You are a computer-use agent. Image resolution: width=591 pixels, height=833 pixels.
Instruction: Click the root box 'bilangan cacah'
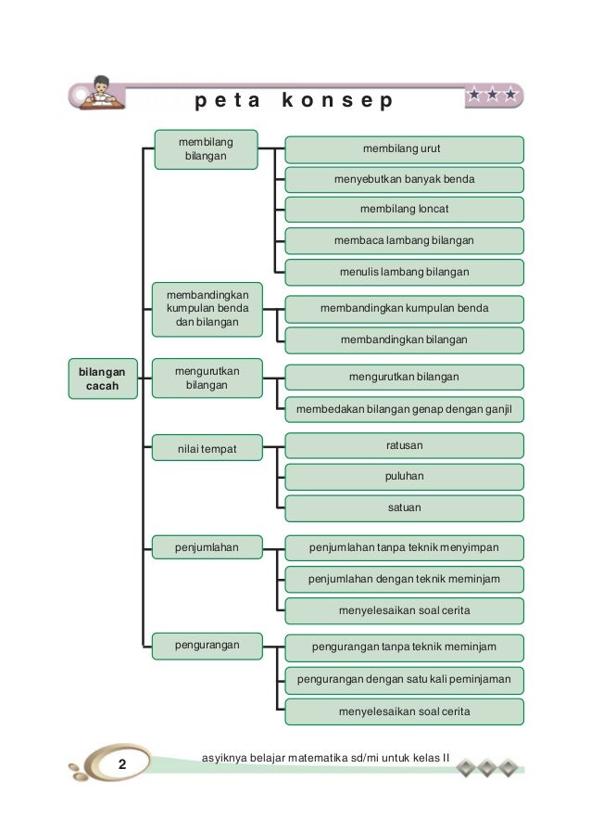tap(102, 378)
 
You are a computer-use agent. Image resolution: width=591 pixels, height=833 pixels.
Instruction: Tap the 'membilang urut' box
tap(404, 149)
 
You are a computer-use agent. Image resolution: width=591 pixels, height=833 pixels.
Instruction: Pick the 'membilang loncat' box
tap(404, 210)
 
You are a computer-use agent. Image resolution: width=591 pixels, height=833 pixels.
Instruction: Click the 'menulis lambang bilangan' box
tap(404, 272)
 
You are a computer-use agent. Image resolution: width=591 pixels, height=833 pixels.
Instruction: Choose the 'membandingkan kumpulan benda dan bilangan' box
tap(207, 308)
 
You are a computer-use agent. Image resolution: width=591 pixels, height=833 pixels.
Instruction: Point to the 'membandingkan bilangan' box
tap(404, 340)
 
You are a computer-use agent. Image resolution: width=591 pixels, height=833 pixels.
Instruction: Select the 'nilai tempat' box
tap(207, 449)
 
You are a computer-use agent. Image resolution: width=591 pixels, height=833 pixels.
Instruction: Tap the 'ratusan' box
tap(404, 446)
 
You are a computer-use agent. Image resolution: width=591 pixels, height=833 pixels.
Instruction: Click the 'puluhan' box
tap(404, 477)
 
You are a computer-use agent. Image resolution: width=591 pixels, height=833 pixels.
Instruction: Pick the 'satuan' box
tap(404, 508)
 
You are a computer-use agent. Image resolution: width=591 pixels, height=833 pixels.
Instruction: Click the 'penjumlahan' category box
tap(207, 548)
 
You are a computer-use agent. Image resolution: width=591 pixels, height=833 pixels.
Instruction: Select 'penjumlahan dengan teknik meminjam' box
tap(404, 580)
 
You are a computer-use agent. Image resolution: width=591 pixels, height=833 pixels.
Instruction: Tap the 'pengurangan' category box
tap(207, 644)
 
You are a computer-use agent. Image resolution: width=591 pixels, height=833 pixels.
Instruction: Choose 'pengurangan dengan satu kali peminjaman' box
tap(404, 680)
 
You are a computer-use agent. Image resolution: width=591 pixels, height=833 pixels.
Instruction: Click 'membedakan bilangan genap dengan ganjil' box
tap(404, 409)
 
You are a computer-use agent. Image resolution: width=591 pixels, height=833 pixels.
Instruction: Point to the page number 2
tap(121, 764)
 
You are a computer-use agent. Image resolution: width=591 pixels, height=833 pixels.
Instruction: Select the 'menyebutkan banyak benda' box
tap(404, 179)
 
